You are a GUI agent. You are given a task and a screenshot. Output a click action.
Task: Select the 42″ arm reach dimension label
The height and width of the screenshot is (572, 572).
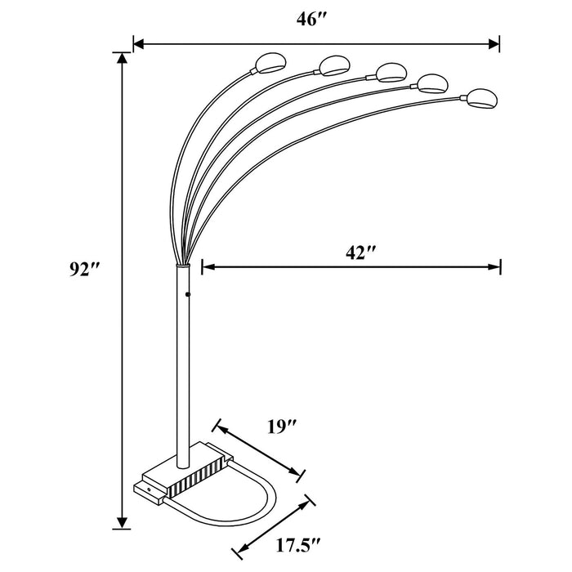pyautogui.click(x=360, y=252)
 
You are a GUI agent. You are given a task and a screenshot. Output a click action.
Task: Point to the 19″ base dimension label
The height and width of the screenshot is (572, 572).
pyautogui.click(x=282, y=426)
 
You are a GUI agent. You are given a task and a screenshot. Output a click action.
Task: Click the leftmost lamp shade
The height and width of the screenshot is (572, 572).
pyautogui.click(x=267, y=62)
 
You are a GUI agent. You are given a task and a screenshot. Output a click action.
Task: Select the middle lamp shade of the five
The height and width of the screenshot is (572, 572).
pyautogui.click(x=390, y=72)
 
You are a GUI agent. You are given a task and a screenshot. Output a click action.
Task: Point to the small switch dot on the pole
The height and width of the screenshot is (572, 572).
pyautogui.click(x=187, y=293)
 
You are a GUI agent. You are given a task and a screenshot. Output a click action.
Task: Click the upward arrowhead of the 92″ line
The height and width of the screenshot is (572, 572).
pyautogui.click(x=123, y=60)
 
